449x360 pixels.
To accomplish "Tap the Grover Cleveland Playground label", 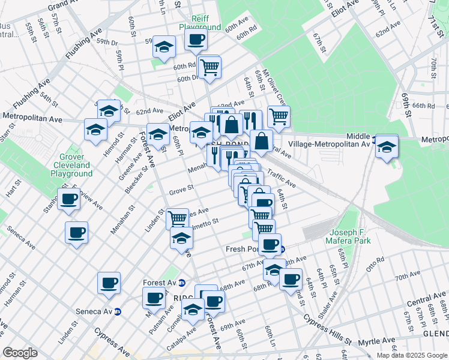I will (x=71, y=165).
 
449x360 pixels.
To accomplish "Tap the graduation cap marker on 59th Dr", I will (x=163, y=47).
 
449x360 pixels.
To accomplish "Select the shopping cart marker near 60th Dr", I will (x=209, y=67).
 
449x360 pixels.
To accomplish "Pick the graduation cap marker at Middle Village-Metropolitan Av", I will (x=387, y=146).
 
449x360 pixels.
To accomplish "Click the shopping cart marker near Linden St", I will (x=177, y=218).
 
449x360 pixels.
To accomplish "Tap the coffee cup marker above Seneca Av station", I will (x=109, y=283).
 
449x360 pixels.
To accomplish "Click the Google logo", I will (x=20, y=353).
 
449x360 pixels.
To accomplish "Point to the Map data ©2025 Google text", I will (x=411, y=355).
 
